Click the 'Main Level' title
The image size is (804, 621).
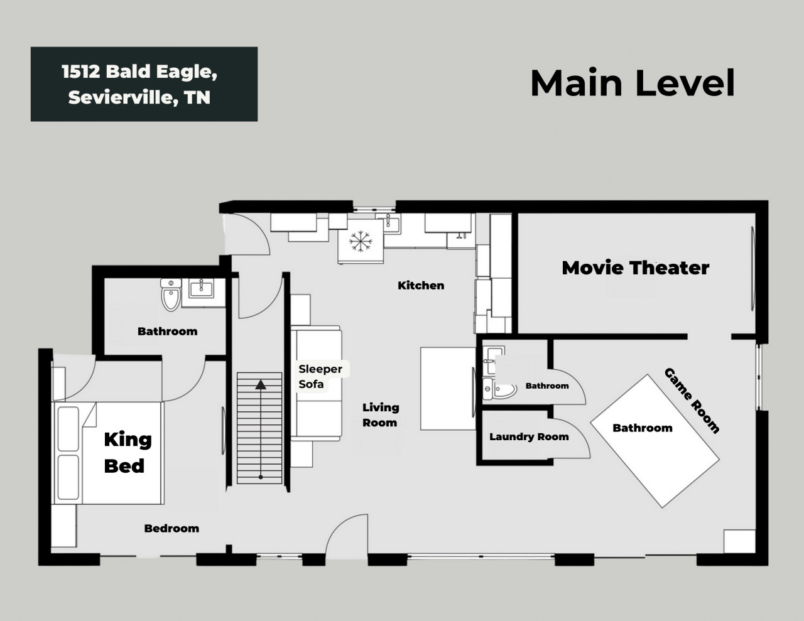pos(633,83)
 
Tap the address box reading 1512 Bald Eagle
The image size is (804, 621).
pos(144,84)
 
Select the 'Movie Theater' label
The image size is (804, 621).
pos(635,267)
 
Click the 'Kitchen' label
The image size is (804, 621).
pos(421,286)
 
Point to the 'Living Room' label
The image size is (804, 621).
pos(381,415)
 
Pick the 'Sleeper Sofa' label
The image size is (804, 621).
pos(320,377)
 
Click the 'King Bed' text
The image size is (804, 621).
pos(128,453)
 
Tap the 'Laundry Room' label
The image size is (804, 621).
pos(529,437)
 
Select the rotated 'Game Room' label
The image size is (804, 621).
pos(692,401)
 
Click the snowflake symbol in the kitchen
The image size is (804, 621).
pos(361,242)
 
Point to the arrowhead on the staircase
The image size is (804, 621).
pos(261,385)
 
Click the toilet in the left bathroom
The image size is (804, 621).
pos(171,295)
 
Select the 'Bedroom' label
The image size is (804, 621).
pos(171,529)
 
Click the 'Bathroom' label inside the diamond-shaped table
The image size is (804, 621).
pos(643,428)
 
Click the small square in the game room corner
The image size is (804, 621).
pos(739,541)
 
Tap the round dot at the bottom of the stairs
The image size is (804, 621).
pos(261,477)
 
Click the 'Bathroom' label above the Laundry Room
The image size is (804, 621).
pos(547,386)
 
